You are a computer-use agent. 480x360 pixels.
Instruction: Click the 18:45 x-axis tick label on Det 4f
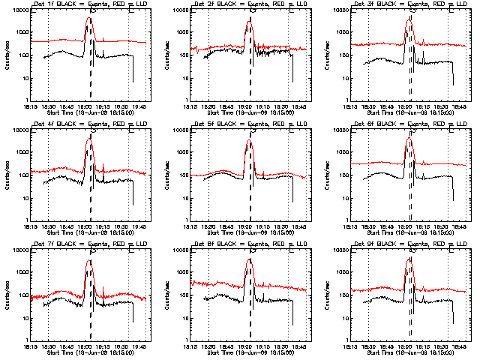click(x=65, y=226)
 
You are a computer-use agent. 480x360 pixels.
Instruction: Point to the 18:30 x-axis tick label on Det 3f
click(x=370, y=106)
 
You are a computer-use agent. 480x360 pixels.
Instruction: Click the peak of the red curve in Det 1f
click(x=89, y=19)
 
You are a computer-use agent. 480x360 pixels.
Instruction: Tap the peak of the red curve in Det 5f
click(x=249, y=139)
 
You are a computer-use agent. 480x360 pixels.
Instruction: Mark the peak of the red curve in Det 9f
click(x=409, y=259)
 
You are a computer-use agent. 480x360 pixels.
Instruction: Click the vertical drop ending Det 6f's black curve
click(x=453, y=191)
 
